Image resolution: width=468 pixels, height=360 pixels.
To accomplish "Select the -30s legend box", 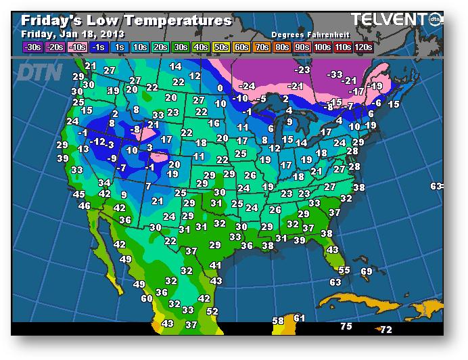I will (32, 47).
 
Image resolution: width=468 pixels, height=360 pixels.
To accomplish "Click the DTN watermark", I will (38, 72).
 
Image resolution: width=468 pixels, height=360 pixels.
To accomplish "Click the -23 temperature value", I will (302, 69).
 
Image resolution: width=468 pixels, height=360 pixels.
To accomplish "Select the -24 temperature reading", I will (248, 86).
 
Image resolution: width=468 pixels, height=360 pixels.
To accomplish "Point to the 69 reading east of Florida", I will (367, 271).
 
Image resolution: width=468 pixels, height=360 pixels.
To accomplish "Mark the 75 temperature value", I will (346, 326).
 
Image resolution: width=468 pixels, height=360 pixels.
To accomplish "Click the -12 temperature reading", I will (99, 141).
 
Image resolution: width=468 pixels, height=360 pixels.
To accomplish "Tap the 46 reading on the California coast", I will (85, 206).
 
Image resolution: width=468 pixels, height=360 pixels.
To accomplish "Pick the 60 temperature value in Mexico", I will (147, 298).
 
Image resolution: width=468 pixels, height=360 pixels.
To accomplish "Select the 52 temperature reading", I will (212, 311).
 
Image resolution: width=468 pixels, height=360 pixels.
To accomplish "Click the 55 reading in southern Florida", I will (344, 270).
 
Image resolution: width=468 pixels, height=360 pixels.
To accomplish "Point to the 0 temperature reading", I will (220, 88).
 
